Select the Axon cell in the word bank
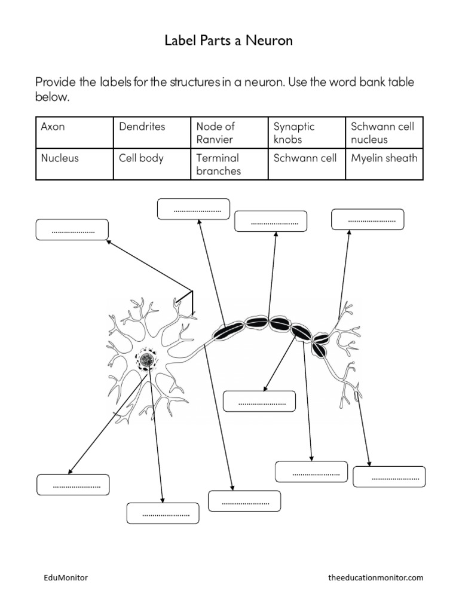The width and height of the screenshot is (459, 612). (74, 133)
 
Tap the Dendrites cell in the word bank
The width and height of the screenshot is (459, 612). (151, 133)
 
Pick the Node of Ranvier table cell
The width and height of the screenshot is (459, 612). (229, 133)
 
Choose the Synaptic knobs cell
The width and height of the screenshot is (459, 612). (307, 133)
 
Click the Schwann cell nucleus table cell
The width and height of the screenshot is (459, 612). (384, 133)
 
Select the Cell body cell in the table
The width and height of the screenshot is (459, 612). (151, 164)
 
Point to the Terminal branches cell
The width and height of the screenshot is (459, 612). (229, 164)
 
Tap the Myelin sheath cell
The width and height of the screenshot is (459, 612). (384, 164)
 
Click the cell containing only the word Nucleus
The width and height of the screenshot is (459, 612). (74, 164)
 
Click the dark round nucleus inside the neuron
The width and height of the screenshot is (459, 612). (145, 359)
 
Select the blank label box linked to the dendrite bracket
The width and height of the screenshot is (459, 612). (72, 230)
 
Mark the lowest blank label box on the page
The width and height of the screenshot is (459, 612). (163, 513)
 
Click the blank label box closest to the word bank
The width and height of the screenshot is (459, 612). (193, 209)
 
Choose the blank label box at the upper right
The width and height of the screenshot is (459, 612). (368, 219)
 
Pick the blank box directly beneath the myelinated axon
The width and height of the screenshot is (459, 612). (259, 402)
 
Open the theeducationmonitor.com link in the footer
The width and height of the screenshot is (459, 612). (375, 578)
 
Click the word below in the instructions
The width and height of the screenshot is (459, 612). (53, 97)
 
